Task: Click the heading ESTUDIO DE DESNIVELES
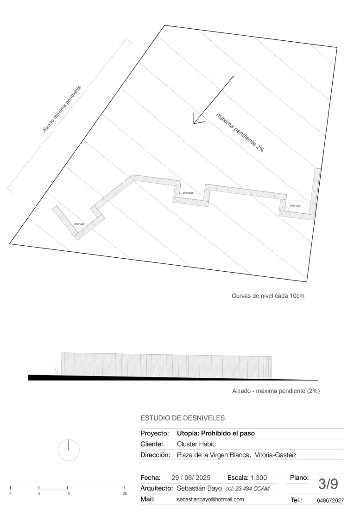(183, 418)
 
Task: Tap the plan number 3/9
(328, 484)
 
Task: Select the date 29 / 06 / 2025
(191, 478)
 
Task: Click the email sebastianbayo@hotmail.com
(210, 500)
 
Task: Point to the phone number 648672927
(330, 501)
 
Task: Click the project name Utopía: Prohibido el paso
(216, 433)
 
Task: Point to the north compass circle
(69, 450)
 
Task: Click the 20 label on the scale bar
(125, 494)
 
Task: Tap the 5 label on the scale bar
(39, 494)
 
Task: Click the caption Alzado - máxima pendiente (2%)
(276, 391)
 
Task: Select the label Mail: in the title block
(147, 499)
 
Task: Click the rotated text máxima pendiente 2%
(240, 133)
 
